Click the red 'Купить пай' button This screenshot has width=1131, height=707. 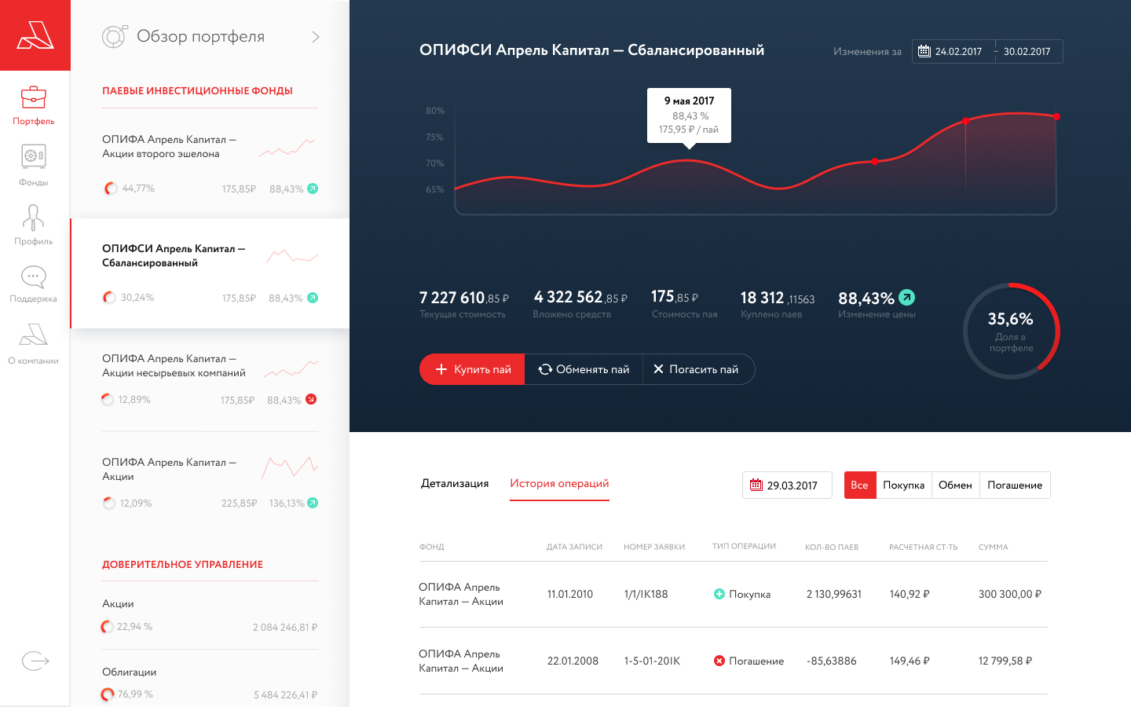(x=472, y=369)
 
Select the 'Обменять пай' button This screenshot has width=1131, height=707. (x=584, y=369)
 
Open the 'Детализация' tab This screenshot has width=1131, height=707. (x=455, y=483)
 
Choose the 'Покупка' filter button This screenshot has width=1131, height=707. (x=904, y=485)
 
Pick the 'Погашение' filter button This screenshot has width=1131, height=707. (x=1015, y=485)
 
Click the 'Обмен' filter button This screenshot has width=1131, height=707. (x=955, y=485)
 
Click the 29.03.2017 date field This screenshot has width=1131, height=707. (x=787, y=485)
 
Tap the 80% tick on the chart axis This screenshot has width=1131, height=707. (x=435, y=111)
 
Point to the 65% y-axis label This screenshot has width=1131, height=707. (x=435, y=189)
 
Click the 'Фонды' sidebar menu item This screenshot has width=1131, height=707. (x=33, y=165)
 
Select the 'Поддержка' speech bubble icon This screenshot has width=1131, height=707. (x=33, y=277)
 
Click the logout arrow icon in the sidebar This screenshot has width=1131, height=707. (x=35, y=661)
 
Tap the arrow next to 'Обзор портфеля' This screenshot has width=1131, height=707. (x=316, y=37)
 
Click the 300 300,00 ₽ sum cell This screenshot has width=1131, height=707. (x=1010, y=594)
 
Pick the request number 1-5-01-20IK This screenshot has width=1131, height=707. (x=652, y=661)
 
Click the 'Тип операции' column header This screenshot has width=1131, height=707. (x=744, y=546)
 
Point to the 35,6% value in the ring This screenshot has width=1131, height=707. (x=1010, y=319)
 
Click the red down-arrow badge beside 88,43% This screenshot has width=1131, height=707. (x=312, y=399)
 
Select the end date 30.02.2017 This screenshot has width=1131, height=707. (x=1027, y=52)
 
